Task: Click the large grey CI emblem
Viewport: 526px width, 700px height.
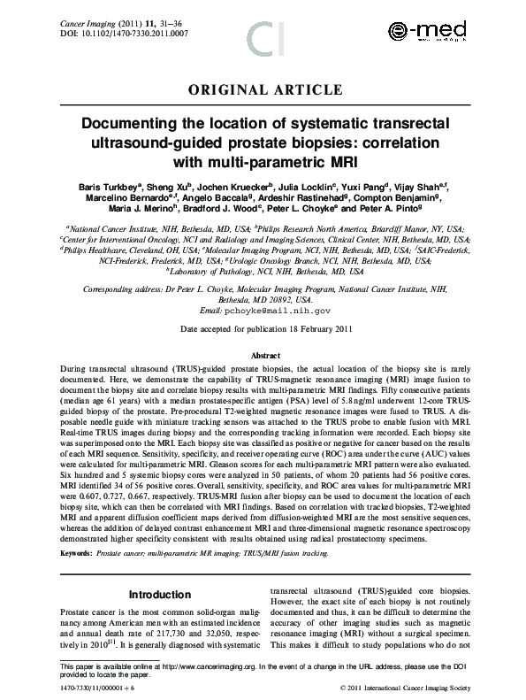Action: tap(264, 38)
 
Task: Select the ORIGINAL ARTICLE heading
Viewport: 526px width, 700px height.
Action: tap(264, 89)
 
